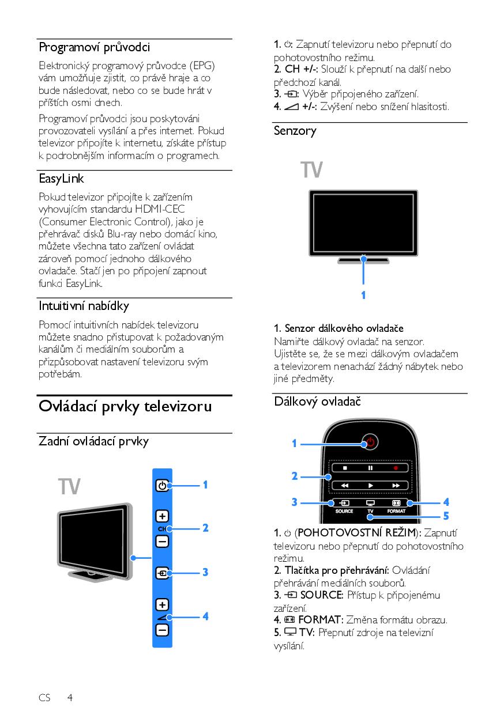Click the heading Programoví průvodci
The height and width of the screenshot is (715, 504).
coord(94,47)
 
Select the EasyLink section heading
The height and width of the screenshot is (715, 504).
coord(61,179)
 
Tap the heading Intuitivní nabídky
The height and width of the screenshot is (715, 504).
coord(84,305)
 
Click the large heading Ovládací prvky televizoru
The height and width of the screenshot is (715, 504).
coord(125,406)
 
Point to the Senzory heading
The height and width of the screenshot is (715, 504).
coord(295,131)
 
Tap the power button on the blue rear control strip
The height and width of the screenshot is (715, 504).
coord(162,486)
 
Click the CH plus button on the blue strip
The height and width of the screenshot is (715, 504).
coord(162,516)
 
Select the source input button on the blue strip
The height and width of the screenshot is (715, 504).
coord(162,573)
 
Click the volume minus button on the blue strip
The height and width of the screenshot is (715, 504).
coord(162,630)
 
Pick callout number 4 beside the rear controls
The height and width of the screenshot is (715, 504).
coord(205,616)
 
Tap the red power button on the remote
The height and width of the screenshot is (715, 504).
coord(371,442)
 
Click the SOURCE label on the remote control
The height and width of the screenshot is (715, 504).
coord(344,511)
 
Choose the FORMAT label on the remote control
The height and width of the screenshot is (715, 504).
coord(397,511)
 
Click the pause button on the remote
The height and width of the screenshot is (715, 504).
coord(371,468)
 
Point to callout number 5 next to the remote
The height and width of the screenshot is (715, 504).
coord(446,516)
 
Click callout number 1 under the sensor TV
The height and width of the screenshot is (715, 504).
coord(363,295)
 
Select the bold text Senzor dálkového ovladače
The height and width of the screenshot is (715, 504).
coord(338,328)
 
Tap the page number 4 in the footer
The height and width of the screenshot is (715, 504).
coord(70,698)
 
